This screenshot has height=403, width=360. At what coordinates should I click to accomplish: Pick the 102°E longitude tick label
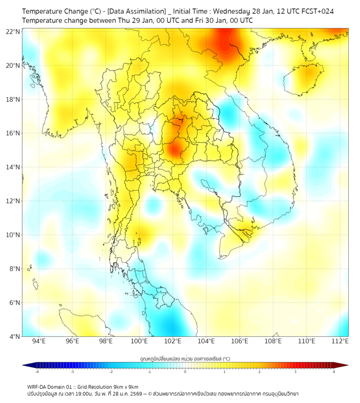pyautogui.click(x=173, y=341)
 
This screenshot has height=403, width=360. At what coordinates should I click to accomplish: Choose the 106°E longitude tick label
pyautogui.click(x=240, y=341)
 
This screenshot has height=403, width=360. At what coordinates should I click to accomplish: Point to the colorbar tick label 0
pyautogui.click(x=185, y=372)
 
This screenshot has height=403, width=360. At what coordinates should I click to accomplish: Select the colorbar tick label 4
pyautogui.click(x=334, y=372)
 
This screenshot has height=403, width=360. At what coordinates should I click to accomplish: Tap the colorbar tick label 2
pyautogui.click(x=259, y=372)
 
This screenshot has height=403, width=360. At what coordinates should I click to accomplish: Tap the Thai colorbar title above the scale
pyautogui.click(x=185, y=358)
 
